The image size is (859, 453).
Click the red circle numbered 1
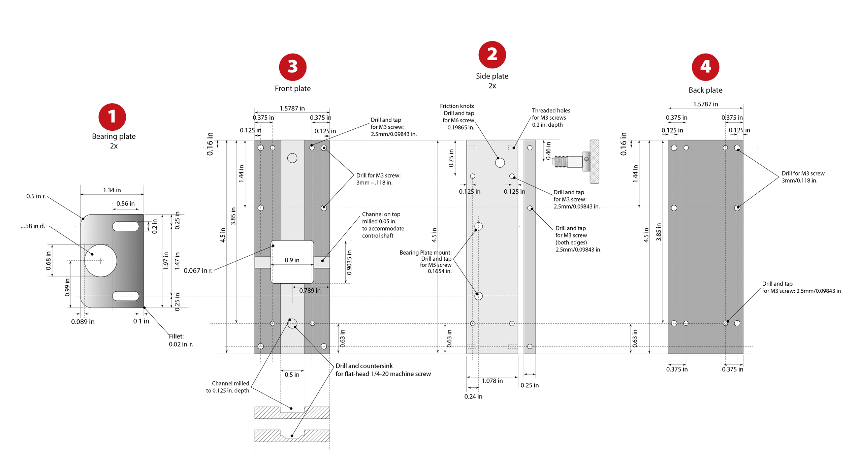coord(112,117)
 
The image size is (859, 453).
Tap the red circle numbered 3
coord(292,67)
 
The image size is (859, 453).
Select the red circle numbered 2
coord(492,55)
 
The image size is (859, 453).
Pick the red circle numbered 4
coord(705,67)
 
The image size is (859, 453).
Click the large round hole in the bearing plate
coord(100,260)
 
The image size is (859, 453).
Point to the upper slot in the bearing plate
coord(125,226)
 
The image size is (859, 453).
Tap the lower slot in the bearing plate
coord(125,296)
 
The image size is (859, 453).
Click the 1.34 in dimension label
coord(112,190)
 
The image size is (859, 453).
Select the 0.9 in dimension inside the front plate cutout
coord(292,260)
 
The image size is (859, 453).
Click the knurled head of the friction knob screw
coord(594,162)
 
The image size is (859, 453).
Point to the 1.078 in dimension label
coord(492,381)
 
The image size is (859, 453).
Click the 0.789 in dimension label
coord(310,290)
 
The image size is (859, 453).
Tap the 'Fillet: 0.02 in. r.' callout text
coord(181,340)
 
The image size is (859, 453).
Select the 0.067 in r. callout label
coord(198,270)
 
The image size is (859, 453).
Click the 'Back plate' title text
coord(705,90)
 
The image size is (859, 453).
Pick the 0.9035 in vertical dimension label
coord(349,262)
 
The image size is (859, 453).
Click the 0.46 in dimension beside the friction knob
coord(548,151)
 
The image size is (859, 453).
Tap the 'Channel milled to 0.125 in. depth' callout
coord(228,387)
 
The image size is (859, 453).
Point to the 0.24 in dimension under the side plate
coord(473,396)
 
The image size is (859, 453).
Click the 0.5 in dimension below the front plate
coord(292,375)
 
